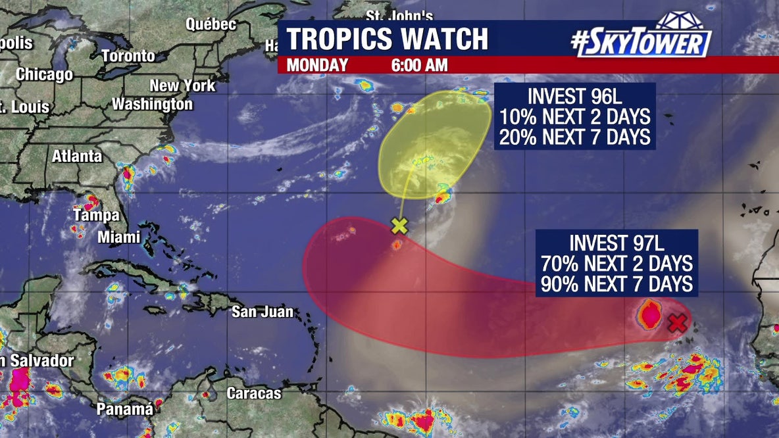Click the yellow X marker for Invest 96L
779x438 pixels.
click(x=399, y=226)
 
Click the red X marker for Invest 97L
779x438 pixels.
click(x=677, y=323)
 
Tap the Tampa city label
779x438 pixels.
click(x=96, y=215)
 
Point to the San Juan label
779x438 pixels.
click(x=262, y=312)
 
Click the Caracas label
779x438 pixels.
click(x=254, y=393)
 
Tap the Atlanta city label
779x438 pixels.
click(x=77, y=157)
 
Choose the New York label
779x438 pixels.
click(x=182, y=85)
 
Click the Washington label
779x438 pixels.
click(x=152, y=104)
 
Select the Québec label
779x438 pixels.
click(x=211, y=24)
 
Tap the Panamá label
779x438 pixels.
click(x=125, y=409)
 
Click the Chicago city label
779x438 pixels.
click(x=44, y=74)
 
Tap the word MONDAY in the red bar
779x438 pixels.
click(x=317, y=65)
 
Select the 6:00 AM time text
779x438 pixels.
click(x=418, y=65)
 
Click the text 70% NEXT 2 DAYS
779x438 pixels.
click(x=616, y=264)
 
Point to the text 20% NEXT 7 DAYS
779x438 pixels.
click(x=574, y=137)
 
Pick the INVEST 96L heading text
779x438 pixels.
click(x=574, y=97)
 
